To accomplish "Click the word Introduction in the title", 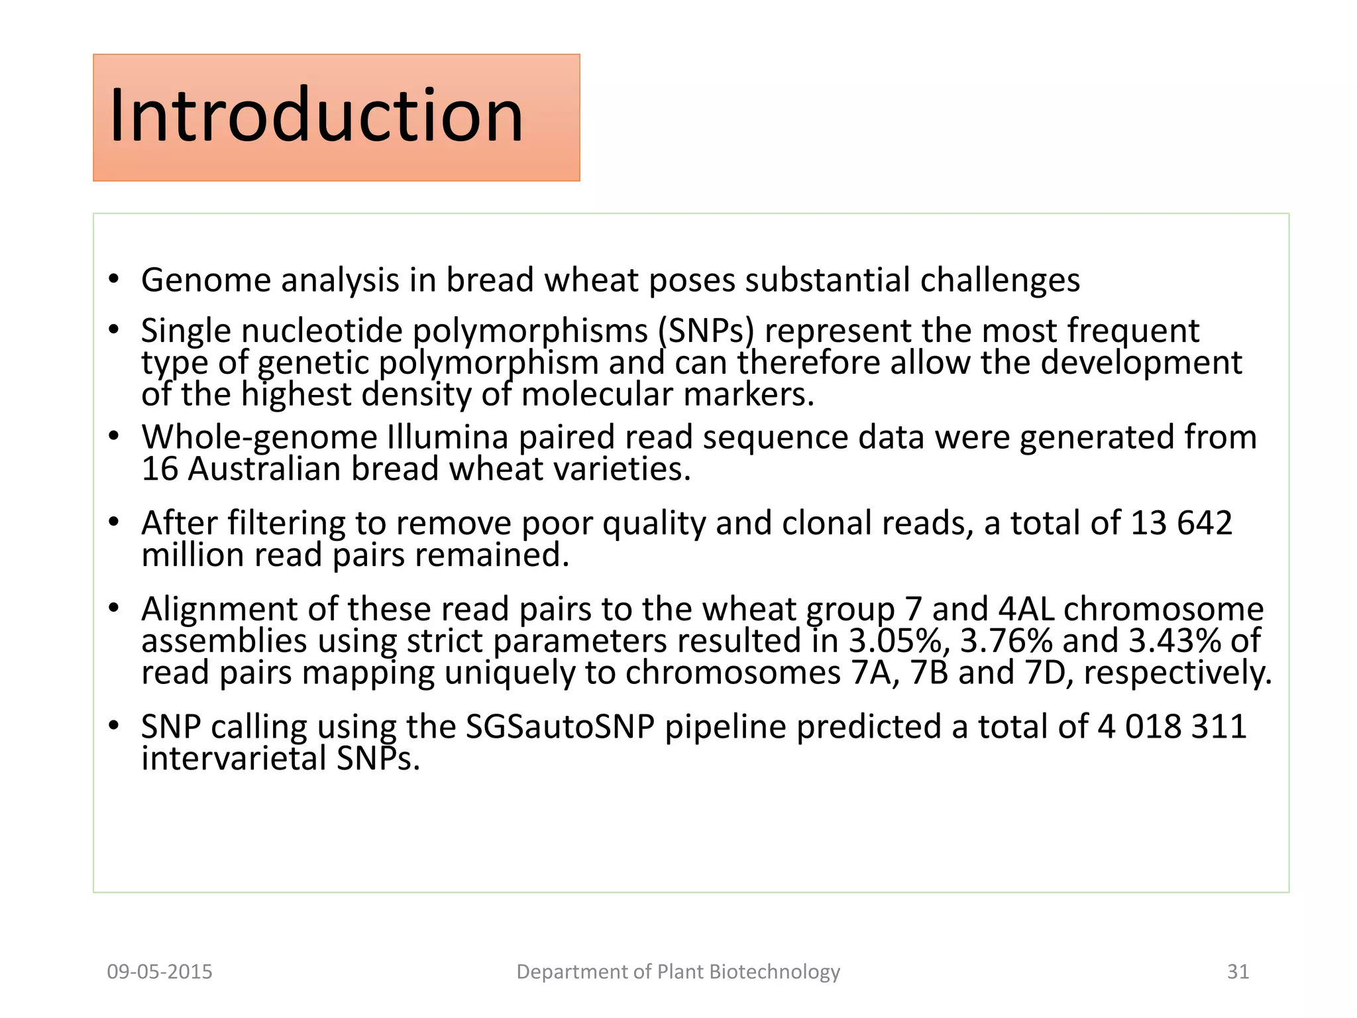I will pos(316,116).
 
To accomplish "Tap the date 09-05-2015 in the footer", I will pos(160,972).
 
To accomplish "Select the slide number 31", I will pos(1238,972).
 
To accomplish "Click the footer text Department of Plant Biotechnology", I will pos(678,972).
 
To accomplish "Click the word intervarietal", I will pos(234,759).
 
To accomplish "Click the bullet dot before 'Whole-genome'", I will pos(115,436).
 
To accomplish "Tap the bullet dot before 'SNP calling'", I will pos(115,726).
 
